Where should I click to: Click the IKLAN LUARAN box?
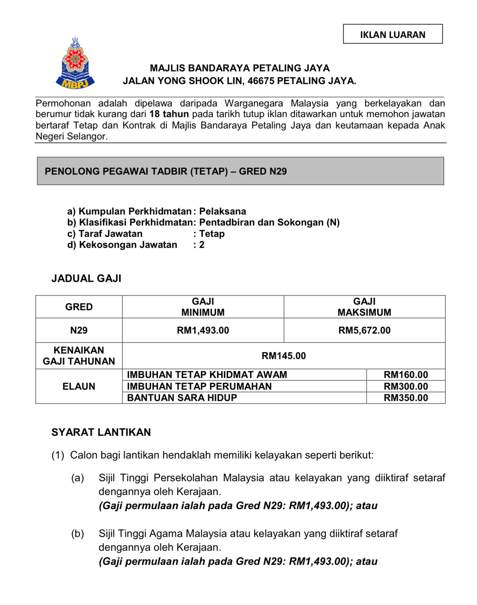click(x=392, y=34)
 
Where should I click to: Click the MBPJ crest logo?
click(x=75, y=64)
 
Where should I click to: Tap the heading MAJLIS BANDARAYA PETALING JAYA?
click(x=240, y=68)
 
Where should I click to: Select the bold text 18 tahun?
click(x=169, y=114)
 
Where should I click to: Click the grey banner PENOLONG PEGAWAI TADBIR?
click(x=240, y=171)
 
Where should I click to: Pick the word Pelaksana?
click(x=223, y=211)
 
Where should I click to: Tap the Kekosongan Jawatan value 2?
click(x=202, y=245)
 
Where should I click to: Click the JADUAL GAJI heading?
click(x=86, y=278)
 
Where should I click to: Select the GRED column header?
click(x=79, y=307)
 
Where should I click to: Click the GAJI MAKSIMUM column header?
click(x=364, y=307)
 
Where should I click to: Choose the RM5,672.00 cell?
click(x=364, y=330)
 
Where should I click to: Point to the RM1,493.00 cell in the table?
click(x=203, y=330)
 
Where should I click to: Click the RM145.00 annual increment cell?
click(x=284, y=356)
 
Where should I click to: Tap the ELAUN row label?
click(x=79, y=386)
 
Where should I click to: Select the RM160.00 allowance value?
click(x=406, y=375)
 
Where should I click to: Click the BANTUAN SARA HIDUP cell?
click(x=182, y=398)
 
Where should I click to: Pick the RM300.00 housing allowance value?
click(x=406, y=386)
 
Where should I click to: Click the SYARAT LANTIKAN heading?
click(x=101, y=432)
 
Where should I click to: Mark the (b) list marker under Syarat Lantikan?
click(x=78, y=534)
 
